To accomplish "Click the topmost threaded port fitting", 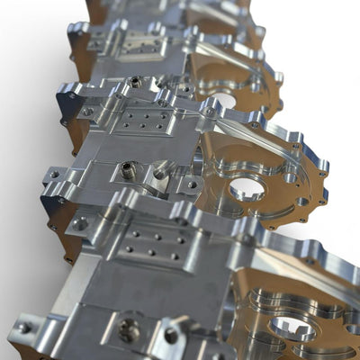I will point(135,82).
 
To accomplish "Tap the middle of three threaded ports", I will point(130,168).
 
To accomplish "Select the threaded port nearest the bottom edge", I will point(129,329).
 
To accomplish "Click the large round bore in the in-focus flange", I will point(247,188).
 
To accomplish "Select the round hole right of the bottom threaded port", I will point(171,335).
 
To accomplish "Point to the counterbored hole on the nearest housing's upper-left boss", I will point(80,222).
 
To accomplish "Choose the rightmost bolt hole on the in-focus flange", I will point(322,173).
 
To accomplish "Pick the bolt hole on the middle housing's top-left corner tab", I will point(71,94).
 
